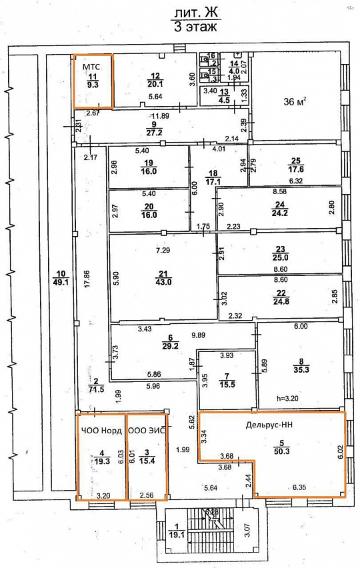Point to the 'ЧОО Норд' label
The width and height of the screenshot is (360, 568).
[x=101, y=431]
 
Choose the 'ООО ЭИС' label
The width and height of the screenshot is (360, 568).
[x=146, y=431]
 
